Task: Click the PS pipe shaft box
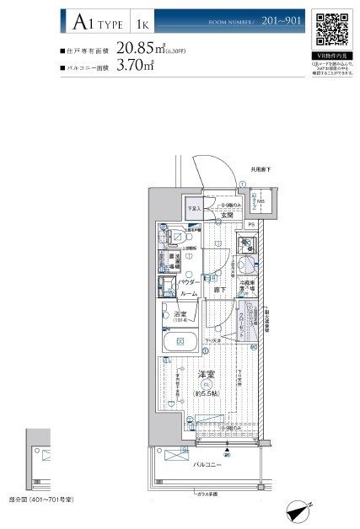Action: click(x=250, y=225)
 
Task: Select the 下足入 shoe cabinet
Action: click(x=193, y=209)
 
